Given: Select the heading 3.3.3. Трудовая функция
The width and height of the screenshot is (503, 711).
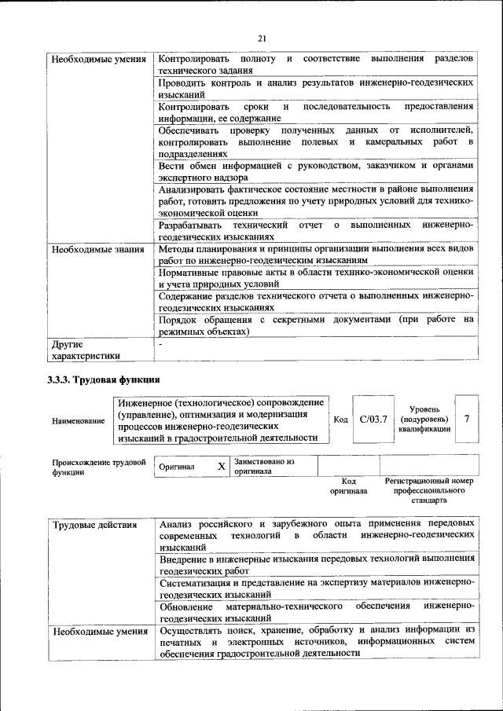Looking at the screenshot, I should [104, 379].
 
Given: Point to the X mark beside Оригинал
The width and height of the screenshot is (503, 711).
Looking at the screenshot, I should [222, 466].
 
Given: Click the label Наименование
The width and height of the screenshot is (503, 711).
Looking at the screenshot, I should [78, 421].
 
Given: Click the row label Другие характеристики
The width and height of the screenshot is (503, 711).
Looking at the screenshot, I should [85, 350].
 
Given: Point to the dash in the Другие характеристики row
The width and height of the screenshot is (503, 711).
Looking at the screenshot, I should [160, 344].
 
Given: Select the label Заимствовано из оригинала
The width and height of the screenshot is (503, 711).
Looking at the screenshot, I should [264, 467].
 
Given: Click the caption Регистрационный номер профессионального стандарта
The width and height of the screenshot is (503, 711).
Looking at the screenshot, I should [429, 489].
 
